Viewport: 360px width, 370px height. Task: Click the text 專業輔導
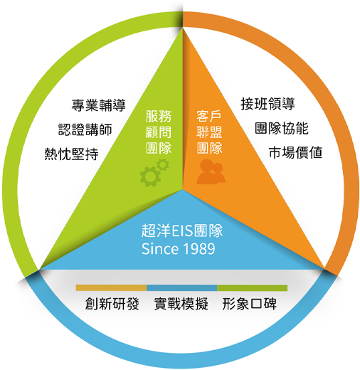click(x=98, y=105)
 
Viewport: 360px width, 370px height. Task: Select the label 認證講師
click(x=85, y=129)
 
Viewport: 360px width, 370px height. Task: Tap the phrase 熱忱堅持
click(x=71, y=154)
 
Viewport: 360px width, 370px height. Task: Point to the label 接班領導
click(x=268, y=104)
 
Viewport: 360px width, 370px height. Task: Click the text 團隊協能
click(x=282, y=128)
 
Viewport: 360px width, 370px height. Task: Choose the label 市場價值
click(x=295, y=152)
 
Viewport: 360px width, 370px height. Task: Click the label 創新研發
click(x=112, y=304)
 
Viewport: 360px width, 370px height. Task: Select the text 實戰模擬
click(x=181, y=304)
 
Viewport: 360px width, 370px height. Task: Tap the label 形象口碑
click(x=250, y=304)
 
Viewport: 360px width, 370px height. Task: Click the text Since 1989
click(x=179, y=249)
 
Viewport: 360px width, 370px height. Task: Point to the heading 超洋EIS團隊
click(x=182, y=231)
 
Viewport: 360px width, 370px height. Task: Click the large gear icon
click(x=150, y=176)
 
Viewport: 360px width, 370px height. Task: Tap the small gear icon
click(x=163, y=165)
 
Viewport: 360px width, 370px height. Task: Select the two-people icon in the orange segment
click(x=211, y=171)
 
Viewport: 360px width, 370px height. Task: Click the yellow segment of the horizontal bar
click(x=111, y=288)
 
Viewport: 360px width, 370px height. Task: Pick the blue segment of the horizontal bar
click(x=182, y=288)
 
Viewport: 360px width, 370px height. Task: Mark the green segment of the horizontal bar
click(x=253, y=288)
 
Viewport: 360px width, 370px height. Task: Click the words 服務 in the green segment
click(x=159, y=116)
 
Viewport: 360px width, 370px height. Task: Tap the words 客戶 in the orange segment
click(x=209, y=116)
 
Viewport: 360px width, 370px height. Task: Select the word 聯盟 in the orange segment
click(x=209, y=132)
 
